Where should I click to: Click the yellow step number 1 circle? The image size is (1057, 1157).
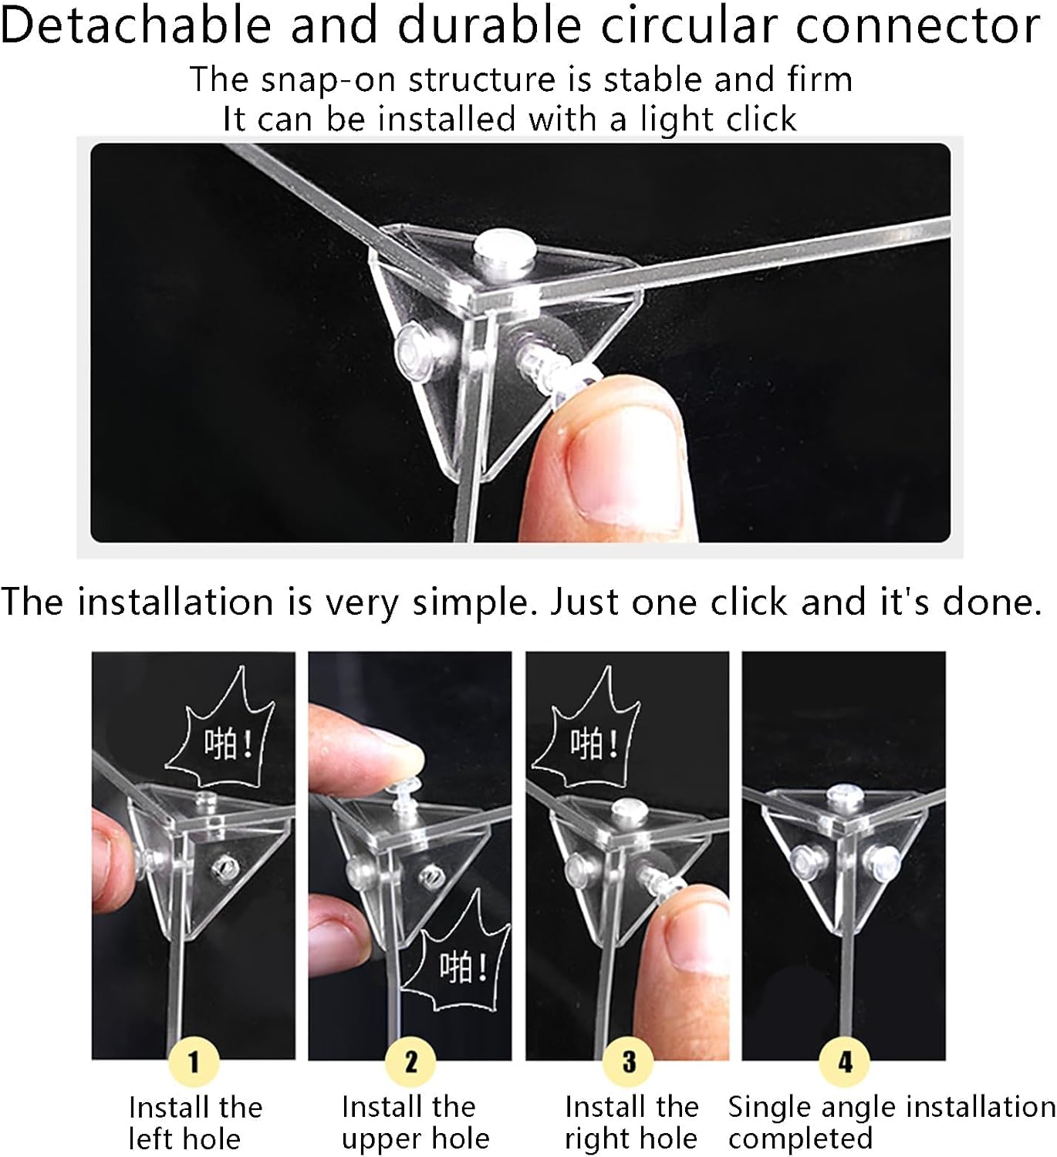click(x=194, y=1061)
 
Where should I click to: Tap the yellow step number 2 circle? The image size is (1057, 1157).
click(x=410, y=1061)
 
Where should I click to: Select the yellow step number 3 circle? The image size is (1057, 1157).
click(x=628, y=1061)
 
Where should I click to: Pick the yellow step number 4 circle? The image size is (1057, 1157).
click(x=845, y=1061)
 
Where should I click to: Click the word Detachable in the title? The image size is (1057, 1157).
click(x=136, y=25)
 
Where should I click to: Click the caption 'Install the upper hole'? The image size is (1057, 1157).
click(x=415, y=1122)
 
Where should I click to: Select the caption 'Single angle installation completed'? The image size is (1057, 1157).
click(x=891, y=1122)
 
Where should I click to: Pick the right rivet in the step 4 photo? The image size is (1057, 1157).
click(x=882, y=863)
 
